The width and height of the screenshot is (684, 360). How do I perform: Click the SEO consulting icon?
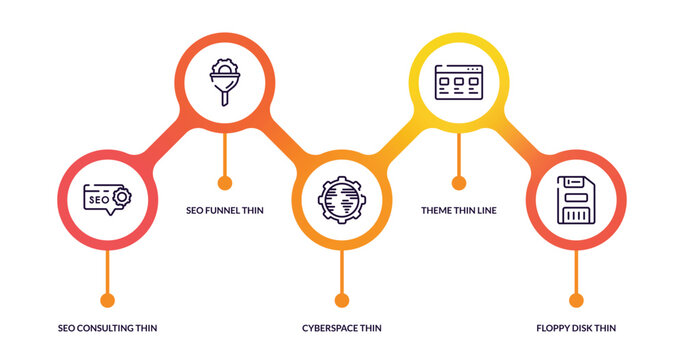(x=106, y=199)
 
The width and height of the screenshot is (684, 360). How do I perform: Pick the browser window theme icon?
(x=458, y=81)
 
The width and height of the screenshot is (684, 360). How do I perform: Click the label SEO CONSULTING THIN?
(x=107, y=328)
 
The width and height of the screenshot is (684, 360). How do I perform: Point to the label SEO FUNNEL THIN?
(x=225, y=210)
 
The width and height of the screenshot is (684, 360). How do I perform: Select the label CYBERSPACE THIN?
(x=342, y=328)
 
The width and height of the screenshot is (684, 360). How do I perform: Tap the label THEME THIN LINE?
(x=459, y=210)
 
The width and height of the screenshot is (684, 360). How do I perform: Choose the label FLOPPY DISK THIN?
(x=576, y=328)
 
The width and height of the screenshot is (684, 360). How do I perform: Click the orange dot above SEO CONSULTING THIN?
(x=107, y=300)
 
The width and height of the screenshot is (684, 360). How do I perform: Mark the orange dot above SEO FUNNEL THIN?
(x=224, y=182)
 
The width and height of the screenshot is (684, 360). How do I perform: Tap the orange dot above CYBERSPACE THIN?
(x=342, y=300)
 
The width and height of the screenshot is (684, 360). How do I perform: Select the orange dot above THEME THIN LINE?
(x=459, y=182)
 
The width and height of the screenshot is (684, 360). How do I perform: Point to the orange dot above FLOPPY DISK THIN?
(x=576, y=300)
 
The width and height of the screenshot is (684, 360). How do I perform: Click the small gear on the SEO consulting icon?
(x=121, y=197)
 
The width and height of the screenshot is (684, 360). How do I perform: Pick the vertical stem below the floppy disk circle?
(x=576, y=270)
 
